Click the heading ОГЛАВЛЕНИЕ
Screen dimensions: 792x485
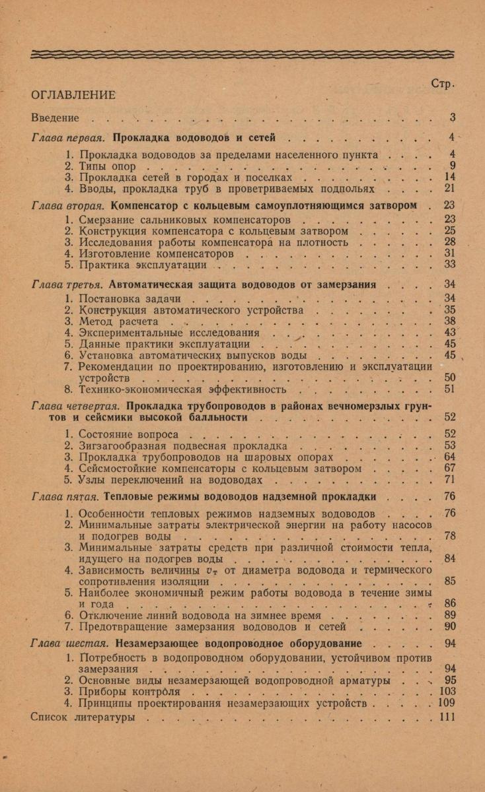[73, 94]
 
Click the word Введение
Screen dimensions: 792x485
[56, 118]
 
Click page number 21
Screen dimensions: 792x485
[451, 189]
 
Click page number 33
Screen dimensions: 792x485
[451, 265]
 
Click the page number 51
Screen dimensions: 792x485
[451, 389]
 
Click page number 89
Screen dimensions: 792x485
[451, 614]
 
